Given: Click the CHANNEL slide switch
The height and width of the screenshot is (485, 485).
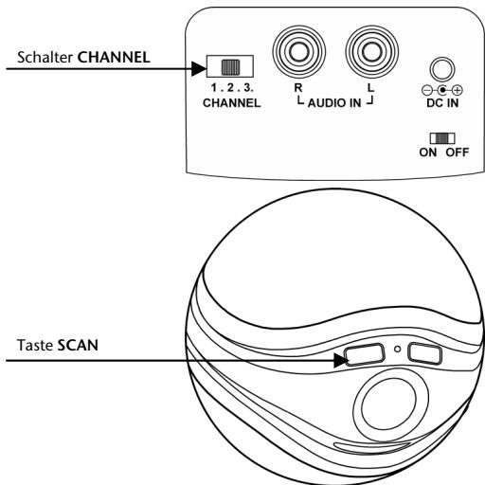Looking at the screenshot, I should [227, 67].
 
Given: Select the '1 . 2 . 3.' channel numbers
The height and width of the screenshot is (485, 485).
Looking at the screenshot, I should [226, 86].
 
